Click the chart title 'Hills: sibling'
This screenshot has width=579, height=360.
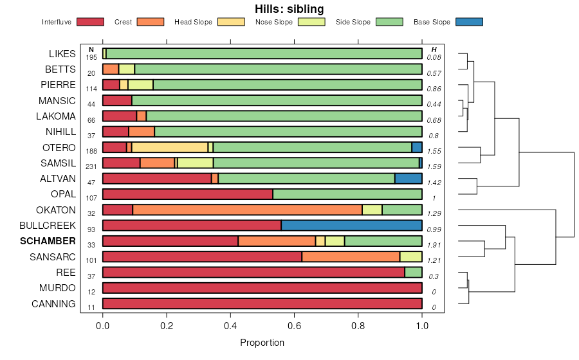click(289, 9)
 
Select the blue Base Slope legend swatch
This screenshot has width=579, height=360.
click(468, 22)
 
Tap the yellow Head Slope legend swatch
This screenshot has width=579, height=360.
click(232, 22)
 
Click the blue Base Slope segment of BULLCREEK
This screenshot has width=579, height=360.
click(351, 226)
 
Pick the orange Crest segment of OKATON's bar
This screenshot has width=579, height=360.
click(248, 210)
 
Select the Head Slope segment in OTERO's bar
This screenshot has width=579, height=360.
click(170, 147)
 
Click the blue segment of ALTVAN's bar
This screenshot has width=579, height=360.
click(408, 179)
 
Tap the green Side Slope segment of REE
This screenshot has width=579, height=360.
click(413, 273)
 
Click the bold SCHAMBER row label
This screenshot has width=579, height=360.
click(48, 242)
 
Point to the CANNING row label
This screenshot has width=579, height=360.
click(53, 304)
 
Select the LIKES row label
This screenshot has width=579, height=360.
click(62, 54)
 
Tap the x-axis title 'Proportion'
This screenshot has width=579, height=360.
click(262, 343)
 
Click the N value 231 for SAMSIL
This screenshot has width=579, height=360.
click(91, 166)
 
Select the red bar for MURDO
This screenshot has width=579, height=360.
click(262, 288)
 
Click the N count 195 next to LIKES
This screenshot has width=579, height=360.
click(91, 58)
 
